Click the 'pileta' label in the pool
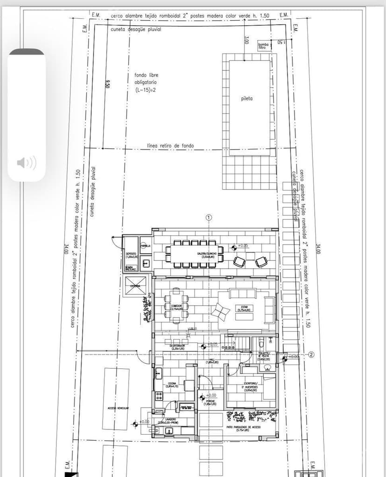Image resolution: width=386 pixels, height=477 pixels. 247,99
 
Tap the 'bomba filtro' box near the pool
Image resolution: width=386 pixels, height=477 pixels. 264,45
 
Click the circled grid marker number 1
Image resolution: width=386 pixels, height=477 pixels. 209,218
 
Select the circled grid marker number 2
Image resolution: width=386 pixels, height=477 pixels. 311,355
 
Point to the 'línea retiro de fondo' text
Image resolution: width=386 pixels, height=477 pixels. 170,146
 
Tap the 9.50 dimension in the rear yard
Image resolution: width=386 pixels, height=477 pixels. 107,84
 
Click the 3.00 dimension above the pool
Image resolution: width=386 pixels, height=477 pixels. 246,40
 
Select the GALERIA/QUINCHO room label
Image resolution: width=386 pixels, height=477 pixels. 206,254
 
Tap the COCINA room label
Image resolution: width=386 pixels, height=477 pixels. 172,385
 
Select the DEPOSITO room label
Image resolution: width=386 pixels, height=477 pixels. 131,255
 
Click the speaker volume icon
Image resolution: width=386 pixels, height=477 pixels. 27,163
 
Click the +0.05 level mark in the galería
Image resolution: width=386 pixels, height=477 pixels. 243,245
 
